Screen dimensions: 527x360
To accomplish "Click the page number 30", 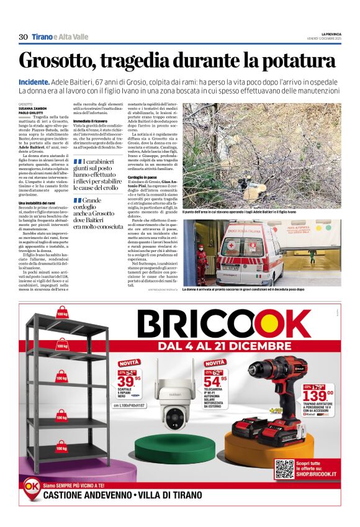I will [23, 37].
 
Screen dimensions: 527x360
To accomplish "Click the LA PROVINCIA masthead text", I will [331, 34].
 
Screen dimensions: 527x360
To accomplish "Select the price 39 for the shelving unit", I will [126, 380].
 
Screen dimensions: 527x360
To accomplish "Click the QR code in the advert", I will [284, 469].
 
